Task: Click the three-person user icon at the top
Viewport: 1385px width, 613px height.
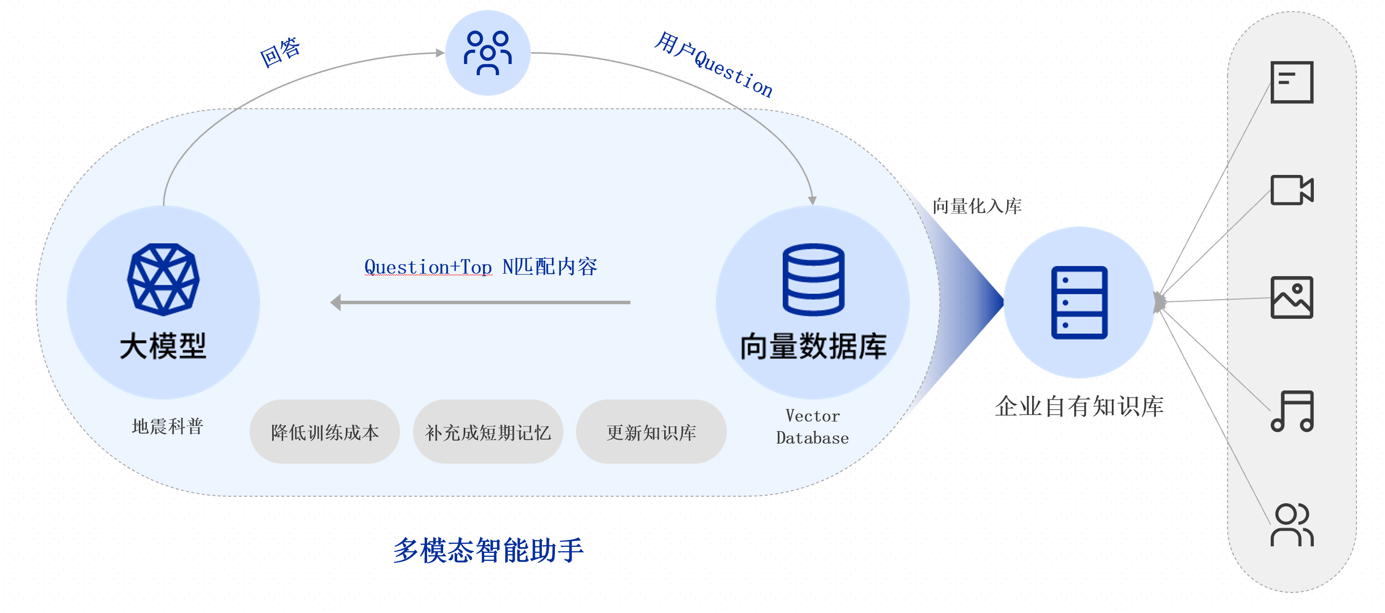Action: pyautogui.click(x=488, y=53)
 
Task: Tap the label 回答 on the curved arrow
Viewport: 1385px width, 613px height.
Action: pyautogui.click(x=280, y=52)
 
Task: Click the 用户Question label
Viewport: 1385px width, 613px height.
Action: pyautogui.click(x=713, y=65)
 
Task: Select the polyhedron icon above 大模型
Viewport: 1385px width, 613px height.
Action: pyautogui.click(x=163, y=279)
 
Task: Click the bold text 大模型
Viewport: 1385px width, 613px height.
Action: pyautogui.click(x=163, y=345)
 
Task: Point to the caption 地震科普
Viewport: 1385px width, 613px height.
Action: pyautogui.click(x=167, y=427)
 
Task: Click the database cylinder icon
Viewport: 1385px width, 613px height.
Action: pyautogui.click(x=813, y=279)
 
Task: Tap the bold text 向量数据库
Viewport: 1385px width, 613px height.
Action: pyautogui.click(x=813, y=346)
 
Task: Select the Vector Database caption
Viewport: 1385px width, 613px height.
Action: pyautogui.click(x=813, y=427)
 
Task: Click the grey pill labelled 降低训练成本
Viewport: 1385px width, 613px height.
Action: pyautogui.click(x=325, y=432)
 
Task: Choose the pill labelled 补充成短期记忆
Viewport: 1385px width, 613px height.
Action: pyautogui.click(x=488, y=432)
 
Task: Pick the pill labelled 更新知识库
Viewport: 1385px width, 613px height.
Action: pyautogui.click(x=651, y=432)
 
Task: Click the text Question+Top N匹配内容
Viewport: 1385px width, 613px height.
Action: pyautogui.click(x=481, y=267)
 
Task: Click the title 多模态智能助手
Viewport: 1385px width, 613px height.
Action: pyautogui.click(x=488, y=550)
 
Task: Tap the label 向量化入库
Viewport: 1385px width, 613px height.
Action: pyautogui.click(x=977, y=206)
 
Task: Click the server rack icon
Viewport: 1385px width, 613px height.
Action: pyautogui.click(x=1079, y=302)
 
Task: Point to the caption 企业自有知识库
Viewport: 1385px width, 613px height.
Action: pyautogui.click(x=1079, y=406)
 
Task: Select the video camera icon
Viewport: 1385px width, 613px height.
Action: pyautogui.click(x=1291, y=190)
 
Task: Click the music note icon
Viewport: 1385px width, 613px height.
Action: pyautogui.click(x=1291, y=411)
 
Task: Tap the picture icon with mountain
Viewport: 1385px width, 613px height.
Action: pyautogui.click(x=1291, y=297)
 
